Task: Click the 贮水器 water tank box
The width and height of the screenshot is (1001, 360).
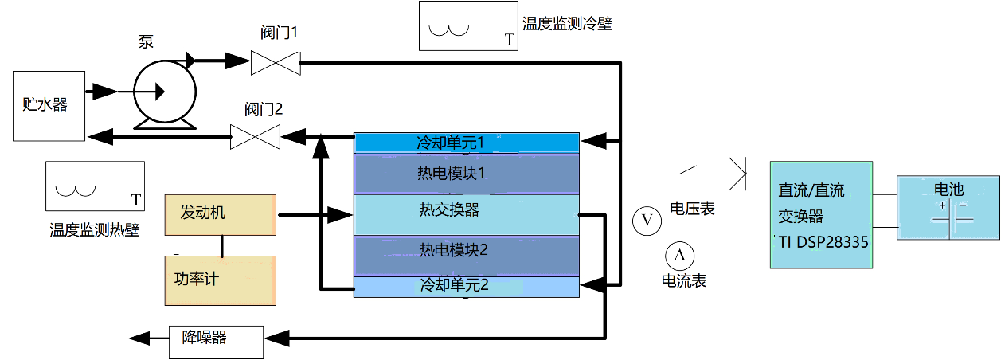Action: [48, 105]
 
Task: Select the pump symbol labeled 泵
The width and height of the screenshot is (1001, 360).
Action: [164, 92]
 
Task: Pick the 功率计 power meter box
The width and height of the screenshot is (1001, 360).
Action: [220, 280]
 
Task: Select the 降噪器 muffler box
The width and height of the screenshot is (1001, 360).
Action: [215, 339]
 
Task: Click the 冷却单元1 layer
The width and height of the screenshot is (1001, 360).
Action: [467, 143]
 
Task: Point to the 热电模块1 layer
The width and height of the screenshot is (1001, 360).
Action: [467, 174]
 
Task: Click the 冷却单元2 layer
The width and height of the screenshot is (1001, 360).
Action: [467, 286]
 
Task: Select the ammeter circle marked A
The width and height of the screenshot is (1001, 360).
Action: [679, 255]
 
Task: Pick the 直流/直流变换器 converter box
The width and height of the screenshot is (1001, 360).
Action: [821, 215]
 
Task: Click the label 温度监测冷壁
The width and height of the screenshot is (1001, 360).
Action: [567, 24]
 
